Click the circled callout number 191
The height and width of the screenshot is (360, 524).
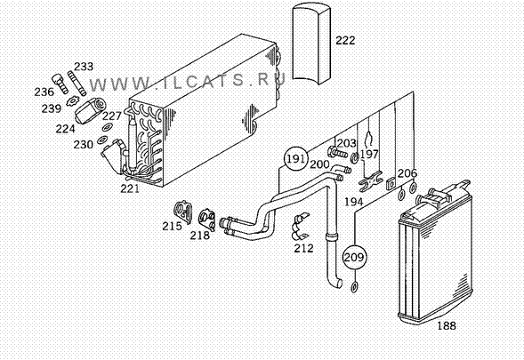(x=295, y=158)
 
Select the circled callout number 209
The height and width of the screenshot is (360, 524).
(x=354, y=257)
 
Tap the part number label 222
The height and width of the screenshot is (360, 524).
(x=345, y=40)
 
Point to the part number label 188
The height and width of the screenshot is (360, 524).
(x=447, y=325)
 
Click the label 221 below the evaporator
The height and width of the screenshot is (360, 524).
(x=130, y=188)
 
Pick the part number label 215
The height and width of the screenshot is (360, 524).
(x=172, y=226)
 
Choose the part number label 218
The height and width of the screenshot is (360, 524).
(x=200, y=236)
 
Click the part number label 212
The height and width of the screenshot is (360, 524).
(x=303, y=248)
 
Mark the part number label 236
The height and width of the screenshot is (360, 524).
(x=44, y=92)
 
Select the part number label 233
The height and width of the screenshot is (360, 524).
(x=84, y=67)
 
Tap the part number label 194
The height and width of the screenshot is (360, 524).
(x=354, y=202)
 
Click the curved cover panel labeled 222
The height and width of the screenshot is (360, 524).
(x=311, y=44)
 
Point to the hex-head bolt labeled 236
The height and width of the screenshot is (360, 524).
(x=60, y=84)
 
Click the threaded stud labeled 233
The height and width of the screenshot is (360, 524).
(x=77, y=84)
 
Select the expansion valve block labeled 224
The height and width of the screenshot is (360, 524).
(x=90, y=110)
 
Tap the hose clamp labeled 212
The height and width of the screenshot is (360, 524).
(x=300, y=227)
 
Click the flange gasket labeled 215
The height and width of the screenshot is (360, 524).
(x=183, y=212)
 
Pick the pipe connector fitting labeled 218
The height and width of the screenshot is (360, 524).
(x=207, y=220)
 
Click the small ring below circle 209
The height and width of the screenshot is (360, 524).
(x=354, y=287)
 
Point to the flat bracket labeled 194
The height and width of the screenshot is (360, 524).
(x=371, y=181)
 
